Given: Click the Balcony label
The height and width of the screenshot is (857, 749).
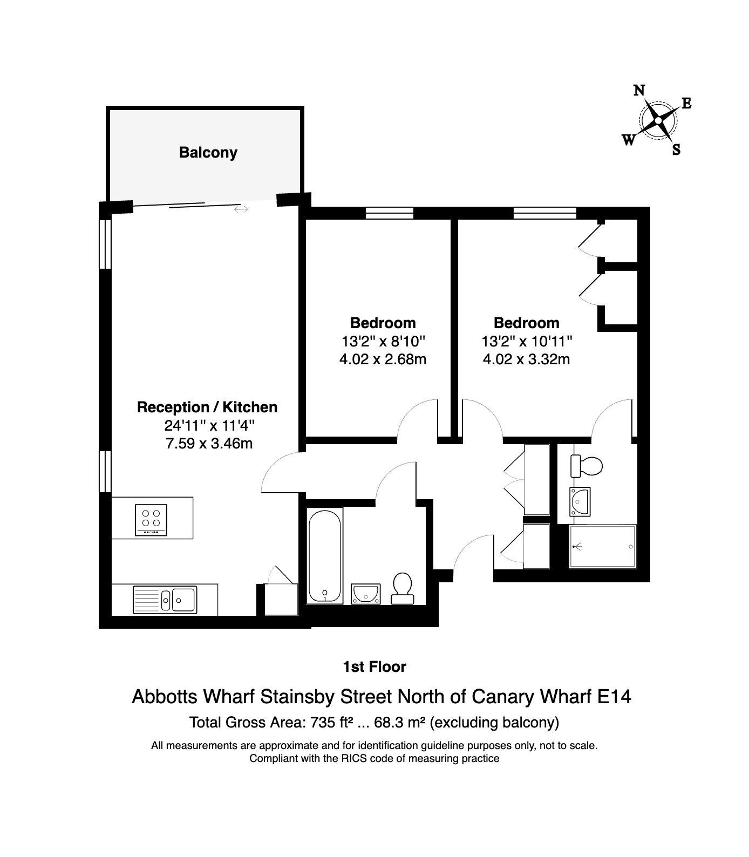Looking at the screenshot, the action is (x=208, y=153).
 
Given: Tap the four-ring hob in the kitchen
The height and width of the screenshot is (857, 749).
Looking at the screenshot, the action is (x=151, y=520).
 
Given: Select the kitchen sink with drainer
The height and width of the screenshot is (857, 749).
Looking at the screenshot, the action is (x=165, y=599).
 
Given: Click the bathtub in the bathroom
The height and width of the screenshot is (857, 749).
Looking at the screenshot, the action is (x=325, y=555).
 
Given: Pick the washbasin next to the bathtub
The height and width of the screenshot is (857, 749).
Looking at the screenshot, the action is (x=366, y=594).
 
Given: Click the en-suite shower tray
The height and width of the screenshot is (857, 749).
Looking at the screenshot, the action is (x=603, y=546).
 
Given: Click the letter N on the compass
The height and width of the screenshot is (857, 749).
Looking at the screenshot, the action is (x=639, y=91).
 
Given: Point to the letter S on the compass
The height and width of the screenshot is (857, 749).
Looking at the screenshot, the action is (x=676, y=149).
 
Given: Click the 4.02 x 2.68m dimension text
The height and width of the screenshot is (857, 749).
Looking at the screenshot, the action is (x=383, y=359).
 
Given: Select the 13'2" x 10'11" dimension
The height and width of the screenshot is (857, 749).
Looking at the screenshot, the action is (x=527, y=341).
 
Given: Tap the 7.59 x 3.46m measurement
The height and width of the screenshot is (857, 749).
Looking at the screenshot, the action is (x=209, y=444).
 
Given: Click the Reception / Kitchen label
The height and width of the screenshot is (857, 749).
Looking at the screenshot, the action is (x=207, y=407).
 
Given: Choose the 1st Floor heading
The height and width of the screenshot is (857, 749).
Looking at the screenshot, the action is (x=374, y=667).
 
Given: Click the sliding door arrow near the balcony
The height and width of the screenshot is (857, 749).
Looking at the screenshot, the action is (x=241, y=209).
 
